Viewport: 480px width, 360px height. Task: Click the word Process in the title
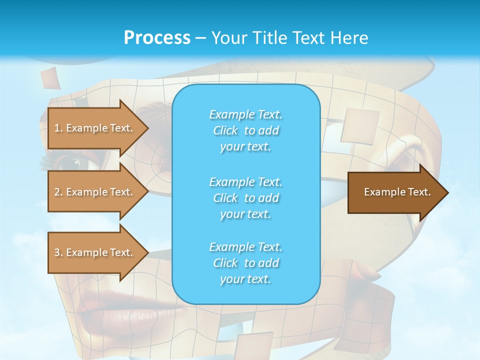157,38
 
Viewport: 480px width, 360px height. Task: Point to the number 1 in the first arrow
57,128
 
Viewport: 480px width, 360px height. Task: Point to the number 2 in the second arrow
57,192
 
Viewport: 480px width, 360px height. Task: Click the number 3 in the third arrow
57,252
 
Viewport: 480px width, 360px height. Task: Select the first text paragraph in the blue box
245,130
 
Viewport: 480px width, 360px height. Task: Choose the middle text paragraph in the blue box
245,198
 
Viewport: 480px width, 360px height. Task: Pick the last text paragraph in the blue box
245,263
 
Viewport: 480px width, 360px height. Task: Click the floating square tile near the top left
50,78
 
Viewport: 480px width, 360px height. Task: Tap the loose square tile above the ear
360,126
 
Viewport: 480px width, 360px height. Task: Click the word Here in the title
351,38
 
